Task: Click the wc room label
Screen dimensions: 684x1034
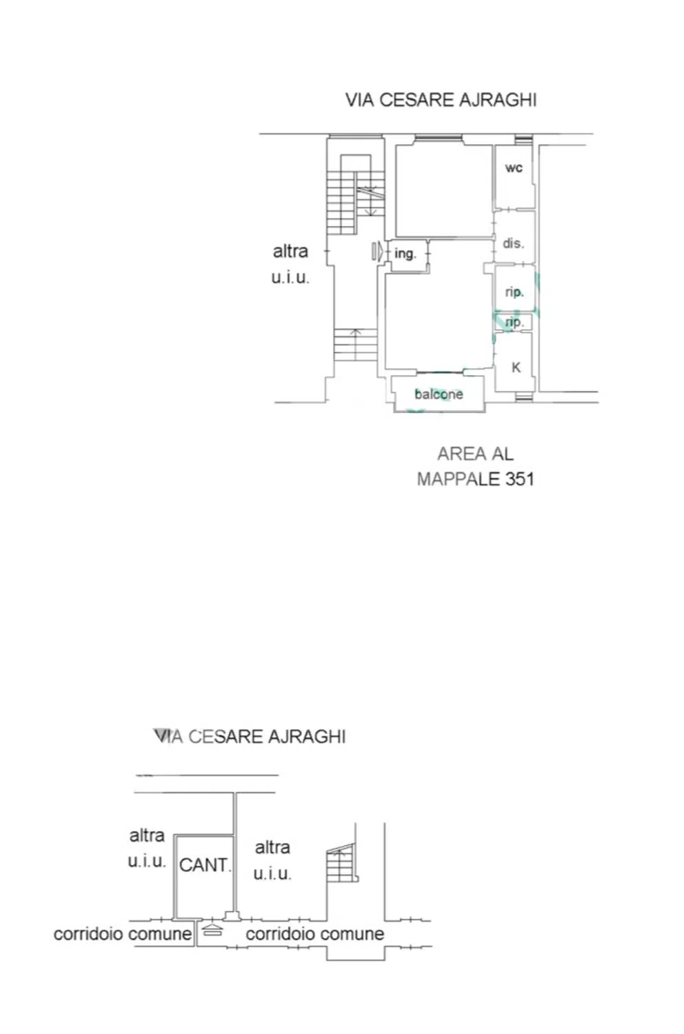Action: pos(514,168)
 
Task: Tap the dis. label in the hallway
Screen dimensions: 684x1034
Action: pos(513,243)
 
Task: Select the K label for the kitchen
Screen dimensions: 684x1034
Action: pos(516,367)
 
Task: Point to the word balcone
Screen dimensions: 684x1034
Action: pos(439,394)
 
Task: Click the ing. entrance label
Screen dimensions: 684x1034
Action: pos(405,254)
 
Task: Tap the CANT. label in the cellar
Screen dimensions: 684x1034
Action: pos(205,864)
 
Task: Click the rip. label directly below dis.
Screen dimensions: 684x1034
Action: pos(514,292)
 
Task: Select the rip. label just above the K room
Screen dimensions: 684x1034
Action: pos(514,322)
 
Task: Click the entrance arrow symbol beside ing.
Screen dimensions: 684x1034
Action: pos(377,252)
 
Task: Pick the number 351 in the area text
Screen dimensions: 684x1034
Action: pos(520,478)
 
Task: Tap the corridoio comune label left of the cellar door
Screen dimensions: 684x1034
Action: pos(123,934)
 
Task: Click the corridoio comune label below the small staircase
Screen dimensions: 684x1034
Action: pos(315,934)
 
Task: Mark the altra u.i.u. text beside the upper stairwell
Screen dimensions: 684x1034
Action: pos(290,264)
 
